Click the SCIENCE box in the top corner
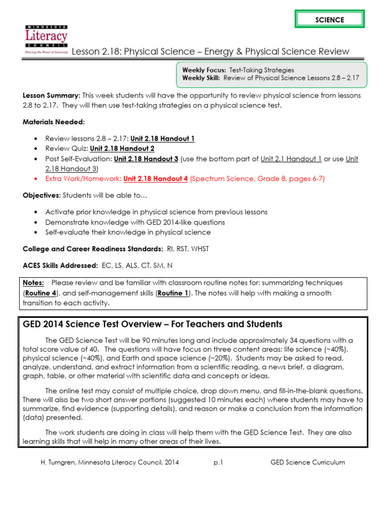point(329,20)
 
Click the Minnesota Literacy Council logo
point(46,39)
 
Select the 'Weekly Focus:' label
point(204,70)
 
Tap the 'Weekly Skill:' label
point(202,78)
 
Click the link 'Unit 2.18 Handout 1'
point(162,138)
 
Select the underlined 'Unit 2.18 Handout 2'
point(122,148)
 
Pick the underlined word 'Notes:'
point(33,283)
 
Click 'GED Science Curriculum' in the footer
point(308,462)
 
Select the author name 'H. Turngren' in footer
point(59,462)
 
